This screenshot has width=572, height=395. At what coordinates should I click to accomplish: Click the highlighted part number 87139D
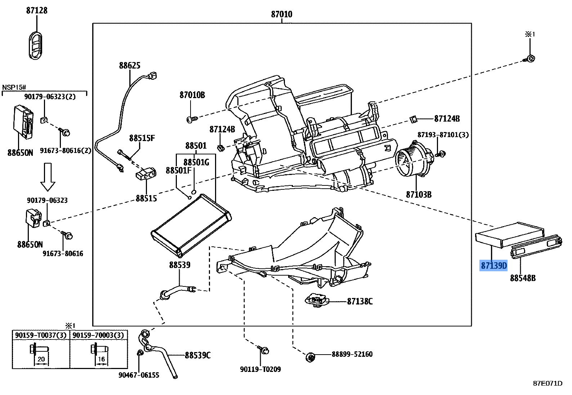click(494, 266)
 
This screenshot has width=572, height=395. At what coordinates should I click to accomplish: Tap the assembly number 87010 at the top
click(282, 14)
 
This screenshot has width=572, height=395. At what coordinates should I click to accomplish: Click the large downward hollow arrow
click(48, 176)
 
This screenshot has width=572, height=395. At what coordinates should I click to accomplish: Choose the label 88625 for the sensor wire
click(130, 66)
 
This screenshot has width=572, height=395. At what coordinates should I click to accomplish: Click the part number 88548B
click(523, 278)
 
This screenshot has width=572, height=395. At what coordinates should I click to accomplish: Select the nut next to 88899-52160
click(310, 357)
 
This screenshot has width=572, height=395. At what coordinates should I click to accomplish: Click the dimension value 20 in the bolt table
click(41, 359)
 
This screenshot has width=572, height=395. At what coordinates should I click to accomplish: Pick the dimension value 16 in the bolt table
click(101, 359)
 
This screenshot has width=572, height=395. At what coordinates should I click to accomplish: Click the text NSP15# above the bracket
click(14, 87)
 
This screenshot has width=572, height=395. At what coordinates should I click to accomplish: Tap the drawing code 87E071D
click(548, 383)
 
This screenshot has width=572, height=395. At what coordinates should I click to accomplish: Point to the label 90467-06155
click(139, 375)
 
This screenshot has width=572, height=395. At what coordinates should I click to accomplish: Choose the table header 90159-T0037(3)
click(41, 335)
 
